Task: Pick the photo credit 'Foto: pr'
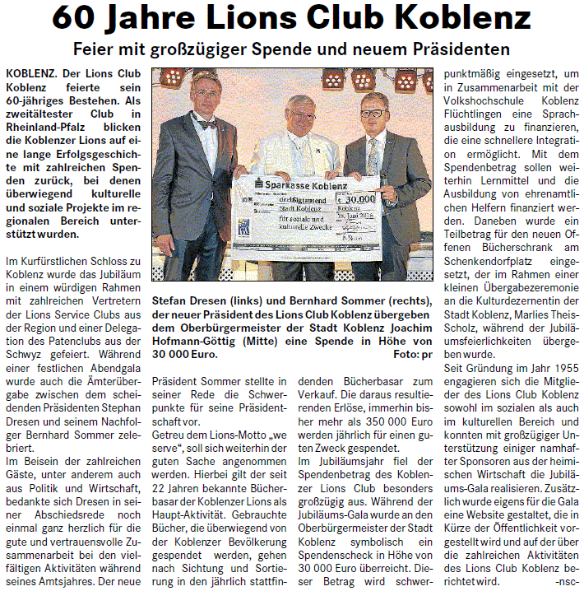[415, 355]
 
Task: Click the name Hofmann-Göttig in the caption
[192, 342]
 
